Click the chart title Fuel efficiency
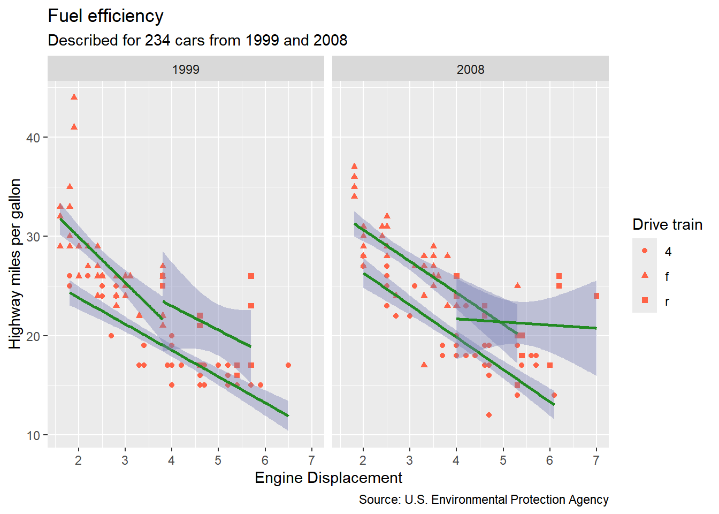(x=105, y=16)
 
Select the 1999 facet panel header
(x=186, y=70)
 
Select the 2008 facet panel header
(x=470, y=70)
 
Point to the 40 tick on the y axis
(x=33, y=138)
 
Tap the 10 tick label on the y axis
(x=33, y=435)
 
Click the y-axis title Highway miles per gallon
(x=15, y=263)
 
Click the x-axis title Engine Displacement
(x=328, y=478)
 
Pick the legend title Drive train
(x=667, y=224)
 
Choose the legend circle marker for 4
(x=645, y=251)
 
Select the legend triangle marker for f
(x=645, y=275)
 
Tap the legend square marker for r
(x=645, y=300)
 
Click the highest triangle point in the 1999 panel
(x=74, y=97)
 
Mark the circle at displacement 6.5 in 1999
(x=288, y=365)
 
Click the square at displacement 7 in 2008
(x=596, y=296)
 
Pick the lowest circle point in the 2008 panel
(x=489, y=415)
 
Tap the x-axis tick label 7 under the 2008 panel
(x=596, y=460)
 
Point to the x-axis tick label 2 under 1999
(x=79, y=460)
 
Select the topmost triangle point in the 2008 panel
(x=354, y=167)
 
